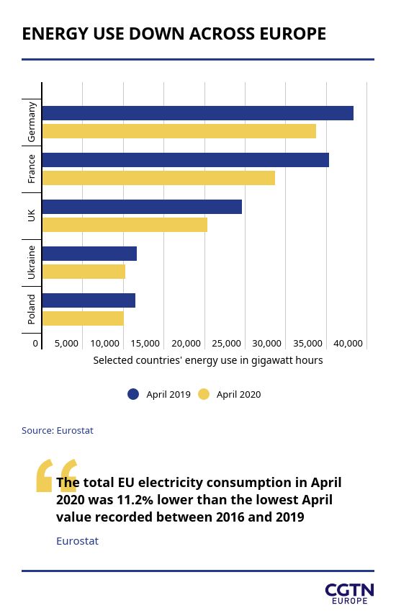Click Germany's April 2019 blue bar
(x=198, y=113)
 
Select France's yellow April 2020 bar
(x=158, y=178)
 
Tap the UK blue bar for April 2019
(x=142, y=207)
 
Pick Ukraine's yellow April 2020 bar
(x=84, y=272)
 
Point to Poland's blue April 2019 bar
(x=89, y=300)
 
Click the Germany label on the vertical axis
(x=32, y=122)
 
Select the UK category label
(x=32, y=215)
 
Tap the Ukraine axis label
(x=32, y=262)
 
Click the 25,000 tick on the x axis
(x=227, y=344)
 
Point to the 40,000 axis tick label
(x=348, y=344)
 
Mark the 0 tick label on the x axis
(x=35, y=344)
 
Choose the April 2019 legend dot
(x=133, y=394)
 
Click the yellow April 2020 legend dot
(x=204, y=394)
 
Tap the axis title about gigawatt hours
(x=208, y=360)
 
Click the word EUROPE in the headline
(x=293, y=34)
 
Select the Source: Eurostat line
(x=58, y=431)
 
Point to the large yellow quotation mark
(x=55, y=476)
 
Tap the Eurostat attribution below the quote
(x=77, y=541)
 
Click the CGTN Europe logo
(x=349, y=594)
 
